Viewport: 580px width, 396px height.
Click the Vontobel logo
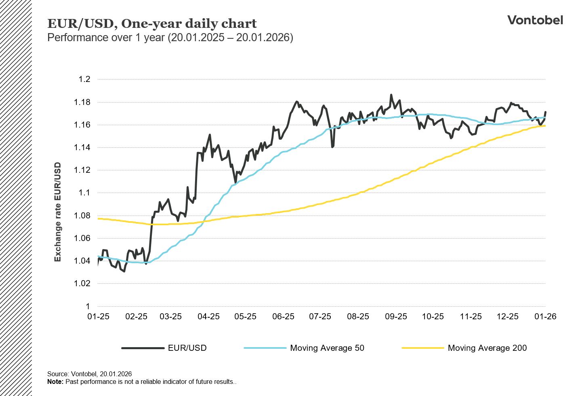[x=535, y=20]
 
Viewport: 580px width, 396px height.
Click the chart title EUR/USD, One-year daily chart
[x=152, y=24]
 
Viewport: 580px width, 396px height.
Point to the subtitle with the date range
[x=170, y=38]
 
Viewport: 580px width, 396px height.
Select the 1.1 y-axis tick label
[x=84, y=193]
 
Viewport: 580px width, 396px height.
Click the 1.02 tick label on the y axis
[x=82, y=283]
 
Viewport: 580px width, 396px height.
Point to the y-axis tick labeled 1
[x=88, y=306]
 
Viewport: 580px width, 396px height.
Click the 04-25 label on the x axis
[x=208, y=316]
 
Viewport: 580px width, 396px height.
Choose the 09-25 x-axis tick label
[x=396, y=316]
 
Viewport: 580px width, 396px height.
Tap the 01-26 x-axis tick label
[x=545, y=316]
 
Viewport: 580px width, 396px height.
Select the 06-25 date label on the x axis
[x=283, y=316]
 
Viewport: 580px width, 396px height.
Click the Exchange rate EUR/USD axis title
[x=58, y=212]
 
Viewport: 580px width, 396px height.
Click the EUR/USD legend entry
[x=187, y=348]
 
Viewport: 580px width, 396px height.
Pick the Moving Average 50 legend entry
[x=327, y=348]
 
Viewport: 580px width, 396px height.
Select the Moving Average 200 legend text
[x=487, y=348]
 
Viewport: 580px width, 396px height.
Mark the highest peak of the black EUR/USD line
[x=391, y=95]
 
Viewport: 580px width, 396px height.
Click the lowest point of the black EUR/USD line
[x=124, y=271]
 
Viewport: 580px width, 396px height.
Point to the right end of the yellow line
[x=545, y=126]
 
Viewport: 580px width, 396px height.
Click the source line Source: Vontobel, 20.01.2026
[x=89, y=374]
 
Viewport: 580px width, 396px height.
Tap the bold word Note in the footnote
[x=55, y=381]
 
